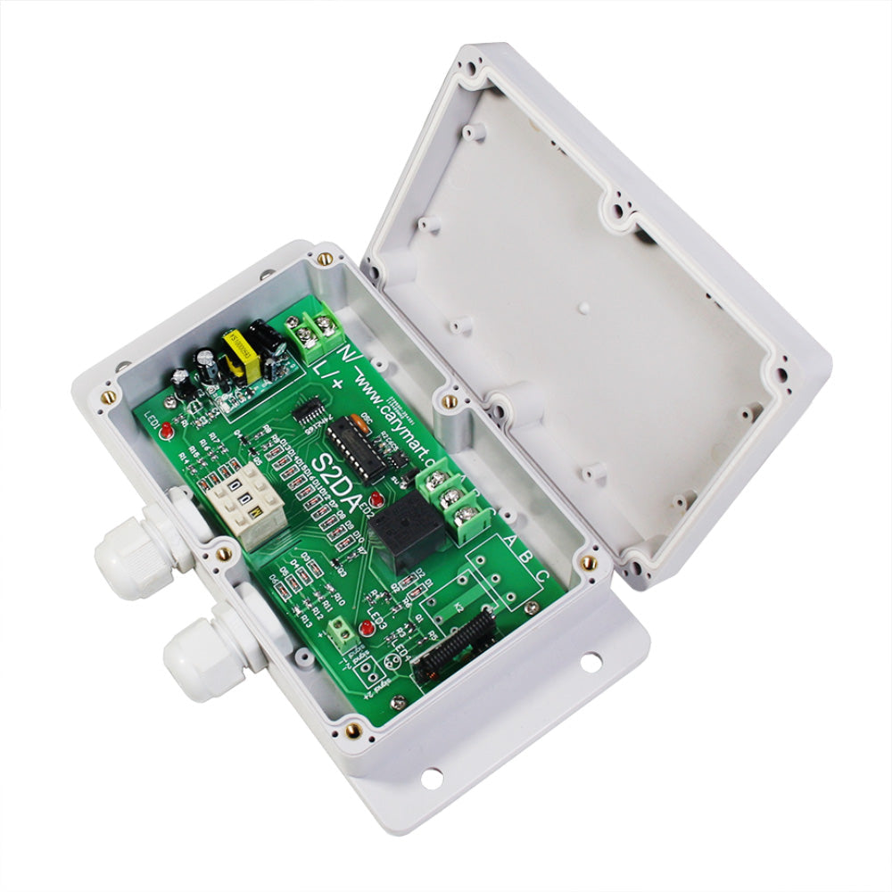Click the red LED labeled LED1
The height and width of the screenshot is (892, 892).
(x=167, y=433)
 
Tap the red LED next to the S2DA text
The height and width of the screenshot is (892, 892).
(x=377, y=499)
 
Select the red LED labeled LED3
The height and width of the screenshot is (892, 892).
(x=367, y=630)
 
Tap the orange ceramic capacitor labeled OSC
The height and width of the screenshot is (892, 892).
(x=359, y=422)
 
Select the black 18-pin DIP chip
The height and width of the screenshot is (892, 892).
(x=355, y=450)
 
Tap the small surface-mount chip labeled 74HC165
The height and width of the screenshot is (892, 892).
(x=309, y=411)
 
